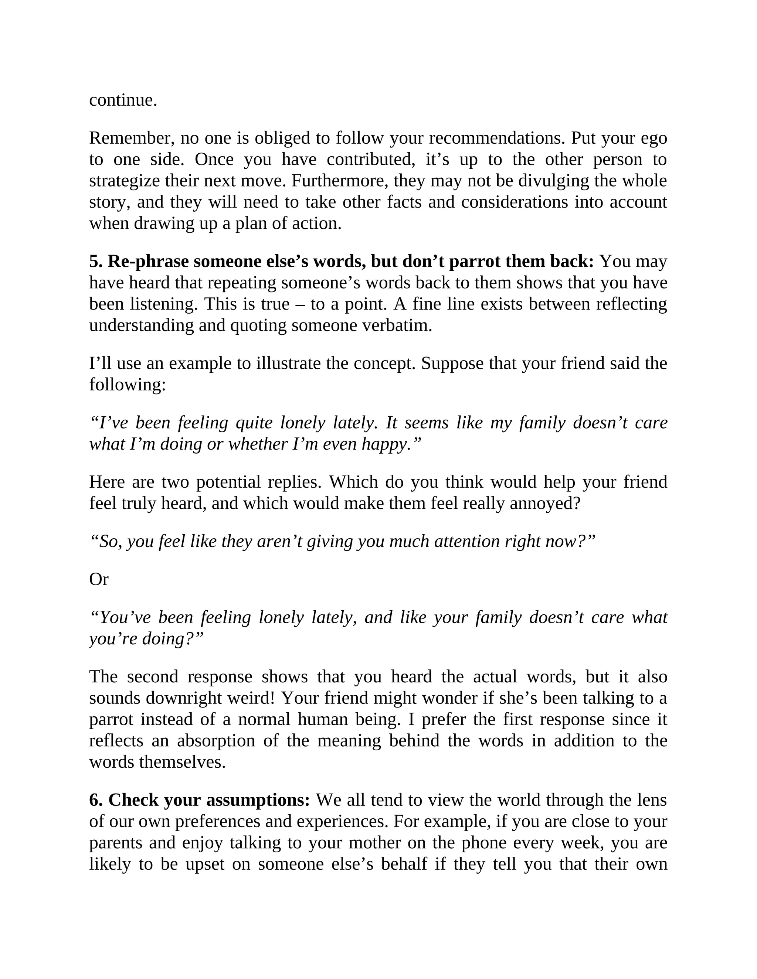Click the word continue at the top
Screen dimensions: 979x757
point(123,100)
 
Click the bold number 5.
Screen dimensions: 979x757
point(94,261)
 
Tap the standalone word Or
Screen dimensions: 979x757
point(99,580)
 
